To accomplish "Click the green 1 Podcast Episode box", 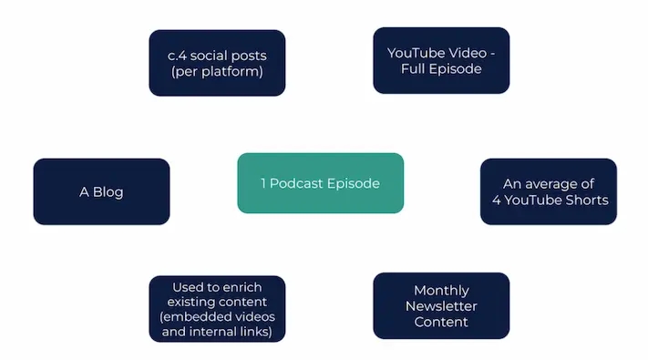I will (320, 183).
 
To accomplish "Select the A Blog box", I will (101, 191).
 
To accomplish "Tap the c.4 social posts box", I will (217, 63).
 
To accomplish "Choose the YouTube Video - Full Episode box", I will (441, 60).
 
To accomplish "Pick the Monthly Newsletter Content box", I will (441, 306).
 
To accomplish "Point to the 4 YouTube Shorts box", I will (548, 191).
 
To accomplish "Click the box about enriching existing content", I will (217, 309).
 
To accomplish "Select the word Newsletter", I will (441, 306).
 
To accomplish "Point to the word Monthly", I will (441, 291).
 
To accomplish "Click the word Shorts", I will (588, 201).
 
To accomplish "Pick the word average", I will (552, 184).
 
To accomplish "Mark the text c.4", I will (179, 56).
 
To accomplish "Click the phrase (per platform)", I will (217, 71).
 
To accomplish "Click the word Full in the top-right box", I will (428, 68).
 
